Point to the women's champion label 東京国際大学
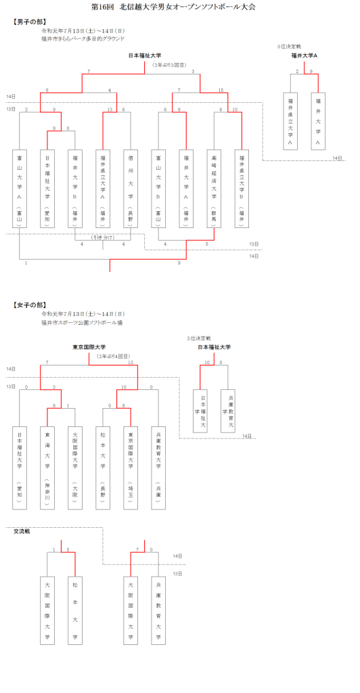click(x=89, y=347)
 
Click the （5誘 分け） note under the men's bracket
click(x=103, y=237)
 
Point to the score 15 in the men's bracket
click(x=221, y=90)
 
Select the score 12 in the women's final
click(x=129, y=363)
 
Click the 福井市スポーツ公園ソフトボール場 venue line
click(x=82, y=323)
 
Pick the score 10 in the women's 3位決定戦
click(x=208, y=363)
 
